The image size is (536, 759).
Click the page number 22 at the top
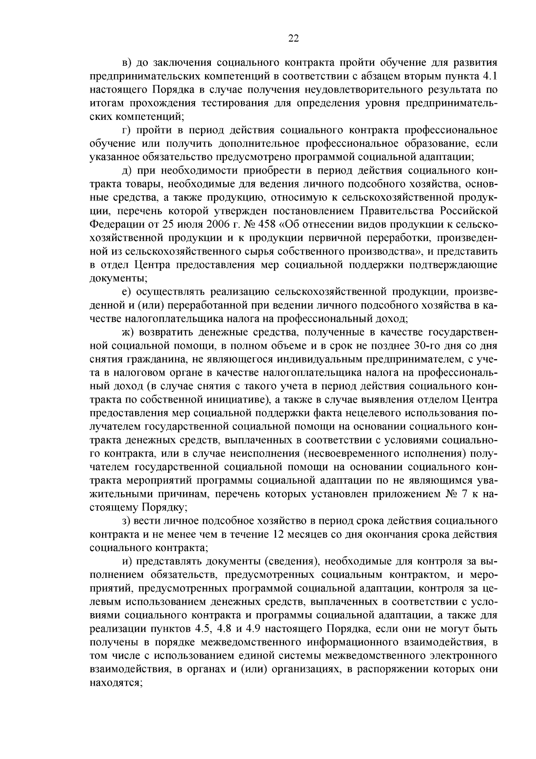[293, 38]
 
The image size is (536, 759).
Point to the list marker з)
[126, 521]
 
